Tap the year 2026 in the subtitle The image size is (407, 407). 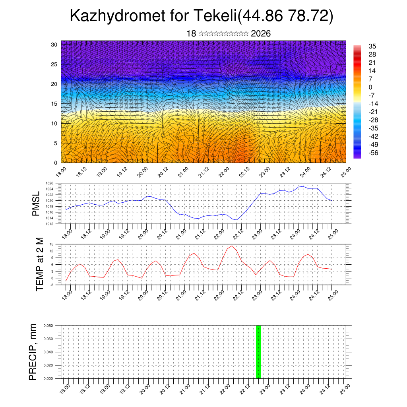coord(261,34)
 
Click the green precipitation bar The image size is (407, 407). coord(258,352)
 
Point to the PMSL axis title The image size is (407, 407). coord(36,203)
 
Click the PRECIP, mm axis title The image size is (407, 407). coord(33,352)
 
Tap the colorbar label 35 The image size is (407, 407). coord(372,46)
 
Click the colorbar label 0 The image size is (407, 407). coord(370,87)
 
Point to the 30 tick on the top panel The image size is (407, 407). coord(54,45)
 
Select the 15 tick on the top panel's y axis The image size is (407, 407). coord(54,104)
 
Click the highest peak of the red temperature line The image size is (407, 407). coord(232,246)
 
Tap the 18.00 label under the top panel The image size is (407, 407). coord(60,172)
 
